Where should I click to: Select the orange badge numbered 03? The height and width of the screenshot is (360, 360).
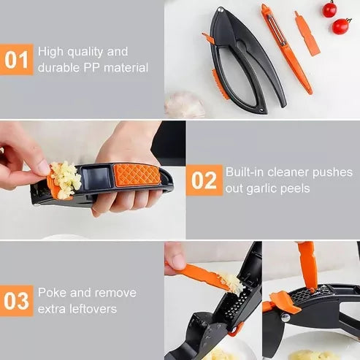pyautogui.click(x=17, y=300)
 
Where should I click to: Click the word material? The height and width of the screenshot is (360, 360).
pyautogui.click(x=126, y=68)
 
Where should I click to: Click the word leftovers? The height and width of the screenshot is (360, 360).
pyautogui.click(x=91, y=308)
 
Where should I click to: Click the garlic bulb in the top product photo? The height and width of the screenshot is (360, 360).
pyautogui.click(x=184, y=106)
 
